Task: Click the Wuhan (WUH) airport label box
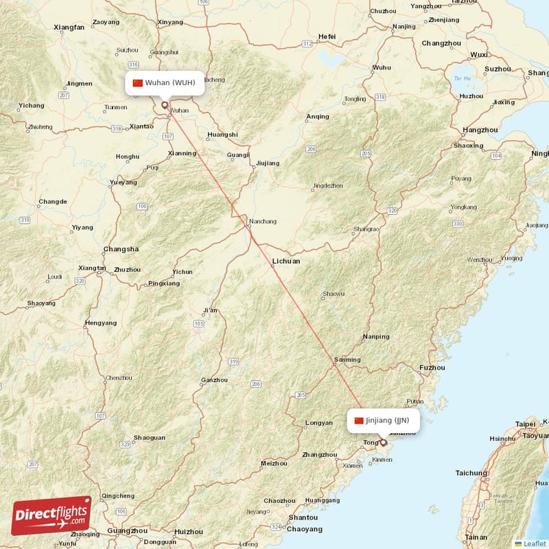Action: (x=165, y=83)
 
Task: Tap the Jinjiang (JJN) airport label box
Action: (x=383, y=420)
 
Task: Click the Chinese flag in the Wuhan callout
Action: (x=137, y=83)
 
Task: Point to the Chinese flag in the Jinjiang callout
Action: (x=358, y=420)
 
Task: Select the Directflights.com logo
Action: (x=51, y=515)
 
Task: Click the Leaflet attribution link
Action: (x=533, y=543)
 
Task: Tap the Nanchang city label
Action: (x=263, y=222)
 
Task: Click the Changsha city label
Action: (x=120, y=249)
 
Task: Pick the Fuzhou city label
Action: (x=432, y=368)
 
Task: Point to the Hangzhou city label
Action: (x=480, y=130)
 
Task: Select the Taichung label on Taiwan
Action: (x=471, y=473)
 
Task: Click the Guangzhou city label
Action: (x=128, y=530)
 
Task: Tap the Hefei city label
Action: (x=327, y=36)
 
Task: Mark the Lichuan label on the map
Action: (x=285, y=261)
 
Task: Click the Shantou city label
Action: (x=303, y=517)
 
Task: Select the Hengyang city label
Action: (x=101, y=323)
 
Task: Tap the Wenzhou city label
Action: (x=479, y=260)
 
